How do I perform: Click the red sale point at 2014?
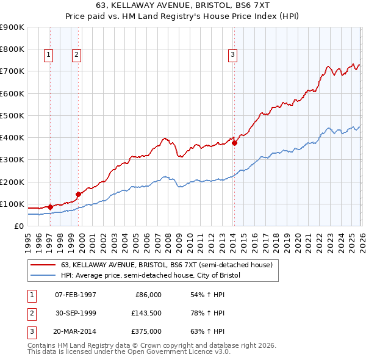pos(234,144)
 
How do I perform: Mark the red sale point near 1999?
pos(78,195)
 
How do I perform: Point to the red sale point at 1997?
pos(50,207)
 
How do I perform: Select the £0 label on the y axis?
pos(18,226)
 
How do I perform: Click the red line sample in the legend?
pos(43,265)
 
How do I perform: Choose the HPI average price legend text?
pos(151,275)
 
